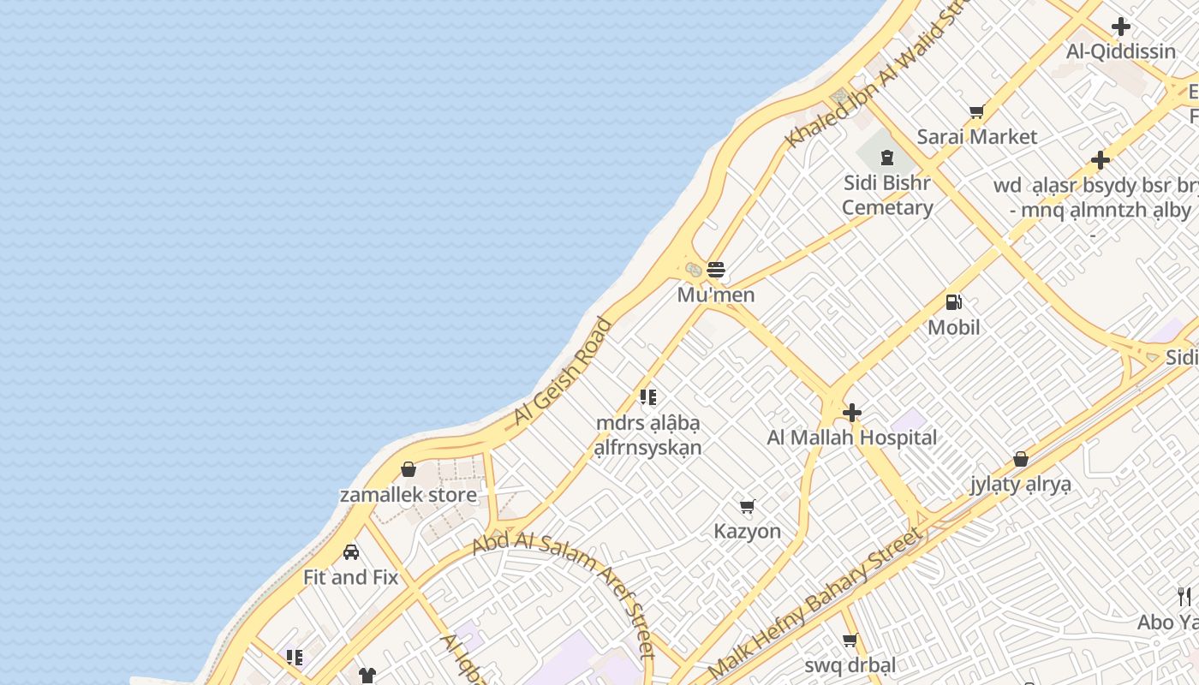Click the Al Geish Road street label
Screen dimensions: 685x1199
[563, 372]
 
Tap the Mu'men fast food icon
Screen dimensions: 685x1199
[716, 271]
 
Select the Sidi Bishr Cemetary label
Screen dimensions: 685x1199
[887, 195]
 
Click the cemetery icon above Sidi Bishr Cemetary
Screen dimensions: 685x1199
[887, 158]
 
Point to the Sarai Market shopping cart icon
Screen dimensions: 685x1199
[976, 112]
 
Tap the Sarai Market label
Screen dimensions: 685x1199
[976, 137]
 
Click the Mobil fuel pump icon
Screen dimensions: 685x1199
[953, 302]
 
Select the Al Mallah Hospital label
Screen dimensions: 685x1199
[851, 438]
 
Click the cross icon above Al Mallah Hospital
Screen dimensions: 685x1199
[851, 413]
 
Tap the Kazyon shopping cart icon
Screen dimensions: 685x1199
[748, 507]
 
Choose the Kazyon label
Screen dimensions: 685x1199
[748, 532]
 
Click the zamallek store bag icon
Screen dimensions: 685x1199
[409, 470]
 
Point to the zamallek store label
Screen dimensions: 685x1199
[409, 495]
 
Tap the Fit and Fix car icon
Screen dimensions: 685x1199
[351, 552]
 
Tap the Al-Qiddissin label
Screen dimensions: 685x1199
[1120, 51]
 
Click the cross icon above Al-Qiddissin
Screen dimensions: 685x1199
[1120, 27]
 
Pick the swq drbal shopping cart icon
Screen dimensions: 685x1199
[850, 640]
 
